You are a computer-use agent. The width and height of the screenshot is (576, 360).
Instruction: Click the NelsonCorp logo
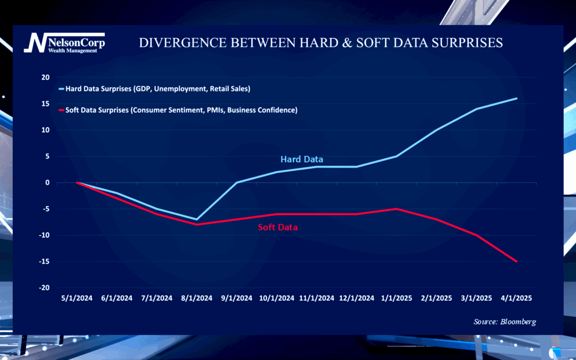(64, 42)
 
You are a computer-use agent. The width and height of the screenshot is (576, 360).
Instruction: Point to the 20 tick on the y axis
(45, 77)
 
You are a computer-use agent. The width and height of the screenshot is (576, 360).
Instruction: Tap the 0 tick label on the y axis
(47, 182)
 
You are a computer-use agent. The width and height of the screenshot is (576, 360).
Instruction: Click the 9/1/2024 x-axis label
(237, 298)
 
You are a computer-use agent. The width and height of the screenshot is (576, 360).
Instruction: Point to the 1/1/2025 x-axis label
(397, 298)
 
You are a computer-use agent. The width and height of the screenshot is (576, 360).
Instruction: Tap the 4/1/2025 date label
(516, 298)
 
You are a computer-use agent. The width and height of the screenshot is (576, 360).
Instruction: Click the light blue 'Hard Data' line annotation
(302, 159)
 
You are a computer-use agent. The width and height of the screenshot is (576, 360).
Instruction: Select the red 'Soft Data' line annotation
(278, 227)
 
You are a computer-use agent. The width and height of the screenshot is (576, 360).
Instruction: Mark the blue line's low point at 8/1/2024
(197, 219)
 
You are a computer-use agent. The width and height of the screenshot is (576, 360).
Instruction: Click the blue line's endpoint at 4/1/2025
(516, 98)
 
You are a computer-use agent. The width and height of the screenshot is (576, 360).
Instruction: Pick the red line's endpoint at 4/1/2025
(516, 261)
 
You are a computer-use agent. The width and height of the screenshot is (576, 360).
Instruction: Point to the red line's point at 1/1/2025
(397, 209)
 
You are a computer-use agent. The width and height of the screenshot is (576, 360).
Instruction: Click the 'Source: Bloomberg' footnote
(505, 322)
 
